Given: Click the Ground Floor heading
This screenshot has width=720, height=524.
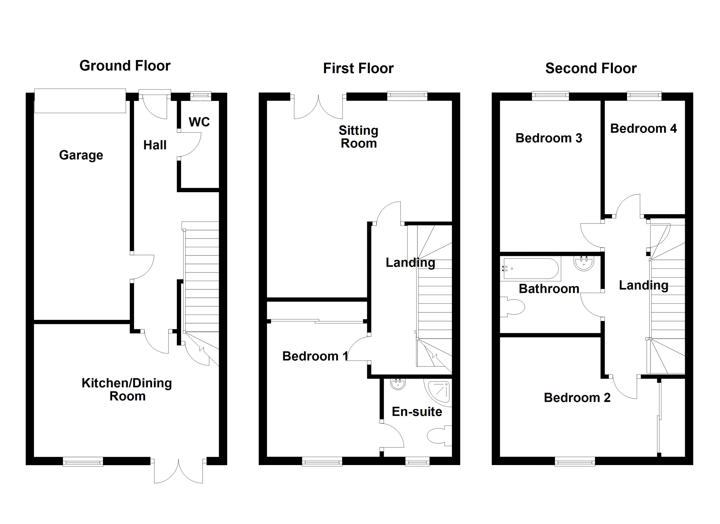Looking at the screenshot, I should tap(125, 66).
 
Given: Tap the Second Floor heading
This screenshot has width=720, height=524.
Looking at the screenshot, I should tap(591, 68).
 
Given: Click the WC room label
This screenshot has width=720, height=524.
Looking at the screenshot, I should tap(199, 122).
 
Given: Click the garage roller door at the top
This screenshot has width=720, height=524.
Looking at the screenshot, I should tap(80, 100).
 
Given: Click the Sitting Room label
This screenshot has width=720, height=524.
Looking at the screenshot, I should tap(358, 137).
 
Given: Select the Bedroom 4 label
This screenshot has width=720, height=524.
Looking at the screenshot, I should tap(643, 129).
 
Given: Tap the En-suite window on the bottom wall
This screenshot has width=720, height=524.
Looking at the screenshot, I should tap(417, 461).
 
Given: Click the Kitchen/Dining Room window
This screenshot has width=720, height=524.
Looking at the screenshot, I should tap(83, 461).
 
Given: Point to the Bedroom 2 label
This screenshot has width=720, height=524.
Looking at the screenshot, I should tap(577, 398).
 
